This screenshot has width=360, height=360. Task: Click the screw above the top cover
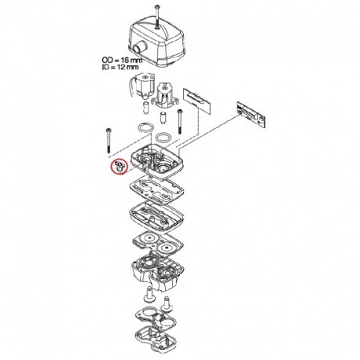point(157,17)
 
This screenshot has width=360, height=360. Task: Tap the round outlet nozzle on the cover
point(139,48)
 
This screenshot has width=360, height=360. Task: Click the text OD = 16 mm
point(122,60)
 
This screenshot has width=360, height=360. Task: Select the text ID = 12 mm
point(120,67)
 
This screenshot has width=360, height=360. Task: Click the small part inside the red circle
point(119,167)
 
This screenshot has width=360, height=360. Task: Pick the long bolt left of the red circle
point(108,141)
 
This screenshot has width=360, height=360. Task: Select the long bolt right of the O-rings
point(179,122)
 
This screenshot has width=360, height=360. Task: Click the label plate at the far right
point(251,113)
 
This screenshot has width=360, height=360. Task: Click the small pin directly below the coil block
point(146,107)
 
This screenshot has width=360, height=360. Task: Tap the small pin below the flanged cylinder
point(163,118)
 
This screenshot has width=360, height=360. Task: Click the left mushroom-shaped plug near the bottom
point(149,295)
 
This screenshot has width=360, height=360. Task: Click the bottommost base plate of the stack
point(156,339)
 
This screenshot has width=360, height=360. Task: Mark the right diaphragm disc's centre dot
point(167,248)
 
